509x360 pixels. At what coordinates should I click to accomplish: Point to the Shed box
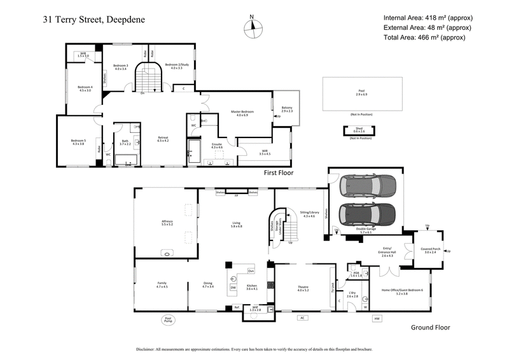[x=361, y=130]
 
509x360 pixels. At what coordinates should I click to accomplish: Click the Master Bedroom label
[x=242, y=113]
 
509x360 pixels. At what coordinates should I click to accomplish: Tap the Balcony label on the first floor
[x=287, y=109]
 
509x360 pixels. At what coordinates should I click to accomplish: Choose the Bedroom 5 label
[x=78, y=142]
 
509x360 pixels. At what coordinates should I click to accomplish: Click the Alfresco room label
[x=167, y=223]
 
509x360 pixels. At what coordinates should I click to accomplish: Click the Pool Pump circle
[x=169, y=321]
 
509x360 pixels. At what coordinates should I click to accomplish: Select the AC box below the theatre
[x=303, y=317]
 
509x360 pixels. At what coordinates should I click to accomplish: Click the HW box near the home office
[x=377, y=318]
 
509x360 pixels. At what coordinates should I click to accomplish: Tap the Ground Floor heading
[x=429, y=328]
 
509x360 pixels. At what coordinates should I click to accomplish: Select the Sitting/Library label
[x=309, y=214]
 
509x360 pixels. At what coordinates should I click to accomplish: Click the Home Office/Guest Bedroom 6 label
[x=402, y=291]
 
